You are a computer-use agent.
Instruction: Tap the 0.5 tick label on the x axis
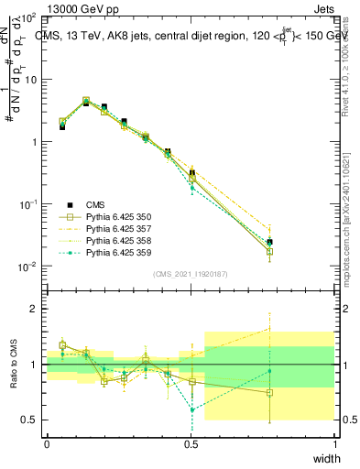(x=191, y=444)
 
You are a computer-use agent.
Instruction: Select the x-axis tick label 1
(x=333, y=444)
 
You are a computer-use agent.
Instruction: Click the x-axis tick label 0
(x=47, y=444)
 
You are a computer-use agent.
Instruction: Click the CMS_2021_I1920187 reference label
(x=190, y=274)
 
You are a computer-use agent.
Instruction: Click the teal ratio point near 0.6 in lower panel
(x=191, y=409)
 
